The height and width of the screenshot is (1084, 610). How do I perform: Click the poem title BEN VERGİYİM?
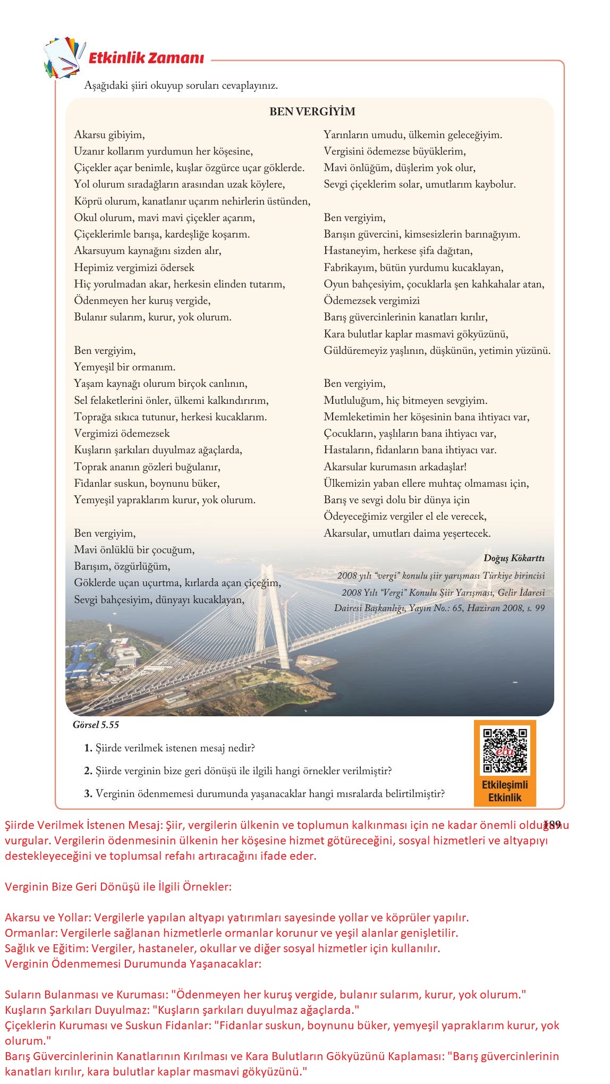point(312,112)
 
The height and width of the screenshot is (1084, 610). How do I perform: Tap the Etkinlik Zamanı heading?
point(146,58)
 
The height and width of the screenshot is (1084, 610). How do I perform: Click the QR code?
point(505,751)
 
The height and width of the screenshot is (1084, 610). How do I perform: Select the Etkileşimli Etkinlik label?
point(505,791)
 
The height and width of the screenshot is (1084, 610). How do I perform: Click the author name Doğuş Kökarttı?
point(514,558)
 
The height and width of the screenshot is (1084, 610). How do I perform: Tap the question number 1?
point(88,748)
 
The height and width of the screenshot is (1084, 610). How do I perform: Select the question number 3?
point(88,794)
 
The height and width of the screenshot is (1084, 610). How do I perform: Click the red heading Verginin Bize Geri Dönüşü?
point(118,887)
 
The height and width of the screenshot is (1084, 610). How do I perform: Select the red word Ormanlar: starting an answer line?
point(31,933)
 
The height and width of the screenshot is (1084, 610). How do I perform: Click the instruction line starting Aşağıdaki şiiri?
point(181,86)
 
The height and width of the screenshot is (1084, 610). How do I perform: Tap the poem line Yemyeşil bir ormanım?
point(125,367)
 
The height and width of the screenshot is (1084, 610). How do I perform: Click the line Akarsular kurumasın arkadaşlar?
point(395,467)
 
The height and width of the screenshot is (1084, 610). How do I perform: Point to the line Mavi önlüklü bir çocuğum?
point(134,550)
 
